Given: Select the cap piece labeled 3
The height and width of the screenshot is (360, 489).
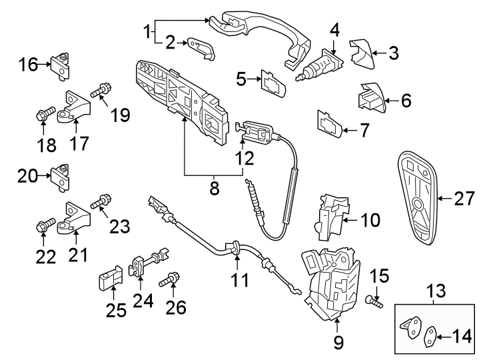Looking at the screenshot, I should tap(360, 52).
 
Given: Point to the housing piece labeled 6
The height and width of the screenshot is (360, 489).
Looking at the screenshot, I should tap(370, 99).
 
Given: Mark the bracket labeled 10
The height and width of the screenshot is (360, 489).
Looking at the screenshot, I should tap(332, 215).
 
